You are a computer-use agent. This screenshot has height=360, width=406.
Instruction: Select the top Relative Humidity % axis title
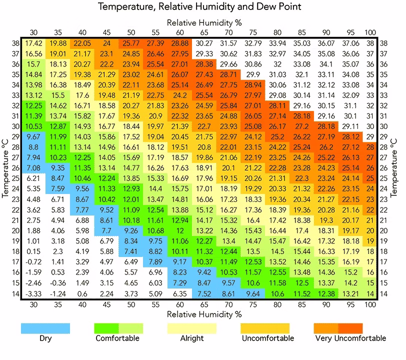tap(204, 22)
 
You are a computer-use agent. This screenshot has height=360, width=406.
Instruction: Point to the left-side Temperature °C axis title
tap(5, 168)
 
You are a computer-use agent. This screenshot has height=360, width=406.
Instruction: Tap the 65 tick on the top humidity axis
tap(204, 32)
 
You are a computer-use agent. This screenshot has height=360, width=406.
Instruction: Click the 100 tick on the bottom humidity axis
tap(370, 304)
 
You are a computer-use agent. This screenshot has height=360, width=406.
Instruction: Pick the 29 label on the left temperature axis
tap(16, 136)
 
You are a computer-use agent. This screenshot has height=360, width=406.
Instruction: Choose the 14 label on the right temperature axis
tap(383, 293)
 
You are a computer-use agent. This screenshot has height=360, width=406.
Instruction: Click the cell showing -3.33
tap(33, 293)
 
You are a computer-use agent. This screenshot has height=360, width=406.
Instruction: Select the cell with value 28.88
tap(179, 43)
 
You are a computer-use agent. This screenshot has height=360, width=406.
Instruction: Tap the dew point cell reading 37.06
tap(350, 43)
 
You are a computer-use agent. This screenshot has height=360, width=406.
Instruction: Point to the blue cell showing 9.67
tap(33, 136)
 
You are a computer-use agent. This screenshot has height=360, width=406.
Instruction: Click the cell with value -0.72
tap(33, 262)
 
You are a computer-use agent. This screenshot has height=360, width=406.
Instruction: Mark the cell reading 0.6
tap(82, 293)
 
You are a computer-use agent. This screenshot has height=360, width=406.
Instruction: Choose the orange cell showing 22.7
tap(204, 126)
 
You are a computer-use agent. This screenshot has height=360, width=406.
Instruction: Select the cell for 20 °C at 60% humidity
tap(179, 230)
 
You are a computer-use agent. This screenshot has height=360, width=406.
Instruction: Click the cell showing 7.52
tap(204, 293)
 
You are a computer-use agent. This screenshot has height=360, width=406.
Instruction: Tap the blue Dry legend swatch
tap(45, 328)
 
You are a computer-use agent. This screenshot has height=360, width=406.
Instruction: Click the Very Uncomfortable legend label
tap(350, 338)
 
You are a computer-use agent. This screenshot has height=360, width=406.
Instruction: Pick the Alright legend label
tap(192, 338)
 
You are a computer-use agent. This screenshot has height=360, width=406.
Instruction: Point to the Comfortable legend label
tap(117, 338)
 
